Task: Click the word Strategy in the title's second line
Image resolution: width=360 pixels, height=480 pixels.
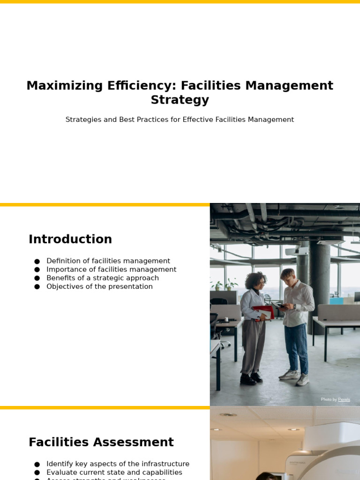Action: (180, 100)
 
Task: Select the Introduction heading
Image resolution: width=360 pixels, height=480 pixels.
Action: (70, 240)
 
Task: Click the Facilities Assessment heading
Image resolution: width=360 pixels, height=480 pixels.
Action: (101, 442)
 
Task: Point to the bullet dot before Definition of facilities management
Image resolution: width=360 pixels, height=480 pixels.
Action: (37, 262)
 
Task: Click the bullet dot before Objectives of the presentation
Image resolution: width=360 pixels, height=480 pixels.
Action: (37, 287)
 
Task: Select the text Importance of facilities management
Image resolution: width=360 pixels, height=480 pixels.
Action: (111, 270)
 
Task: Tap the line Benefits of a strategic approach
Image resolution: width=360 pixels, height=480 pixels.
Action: (103, 278)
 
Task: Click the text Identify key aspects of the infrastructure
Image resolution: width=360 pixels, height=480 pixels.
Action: (118, 464)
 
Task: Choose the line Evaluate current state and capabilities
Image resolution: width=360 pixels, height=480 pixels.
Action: (114, 472)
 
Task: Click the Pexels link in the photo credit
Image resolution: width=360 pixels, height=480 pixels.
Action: (344, 399)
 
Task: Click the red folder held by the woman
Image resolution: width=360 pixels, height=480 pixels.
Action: (264, 312)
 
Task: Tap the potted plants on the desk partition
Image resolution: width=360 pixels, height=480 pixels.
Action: (224, 285)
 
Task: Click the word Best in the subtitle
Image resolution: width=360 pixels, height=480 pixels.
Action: (129, 120)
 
